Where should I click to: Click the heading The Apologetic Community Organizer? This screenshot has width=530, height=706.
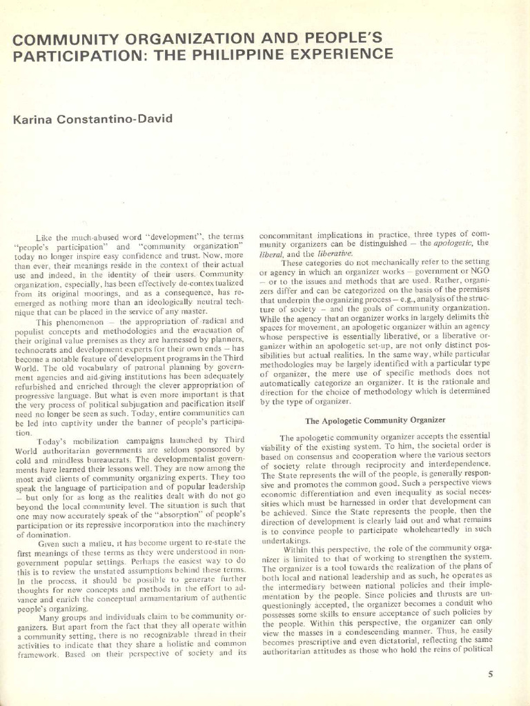pyautogui.click(x=375, y=420)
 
